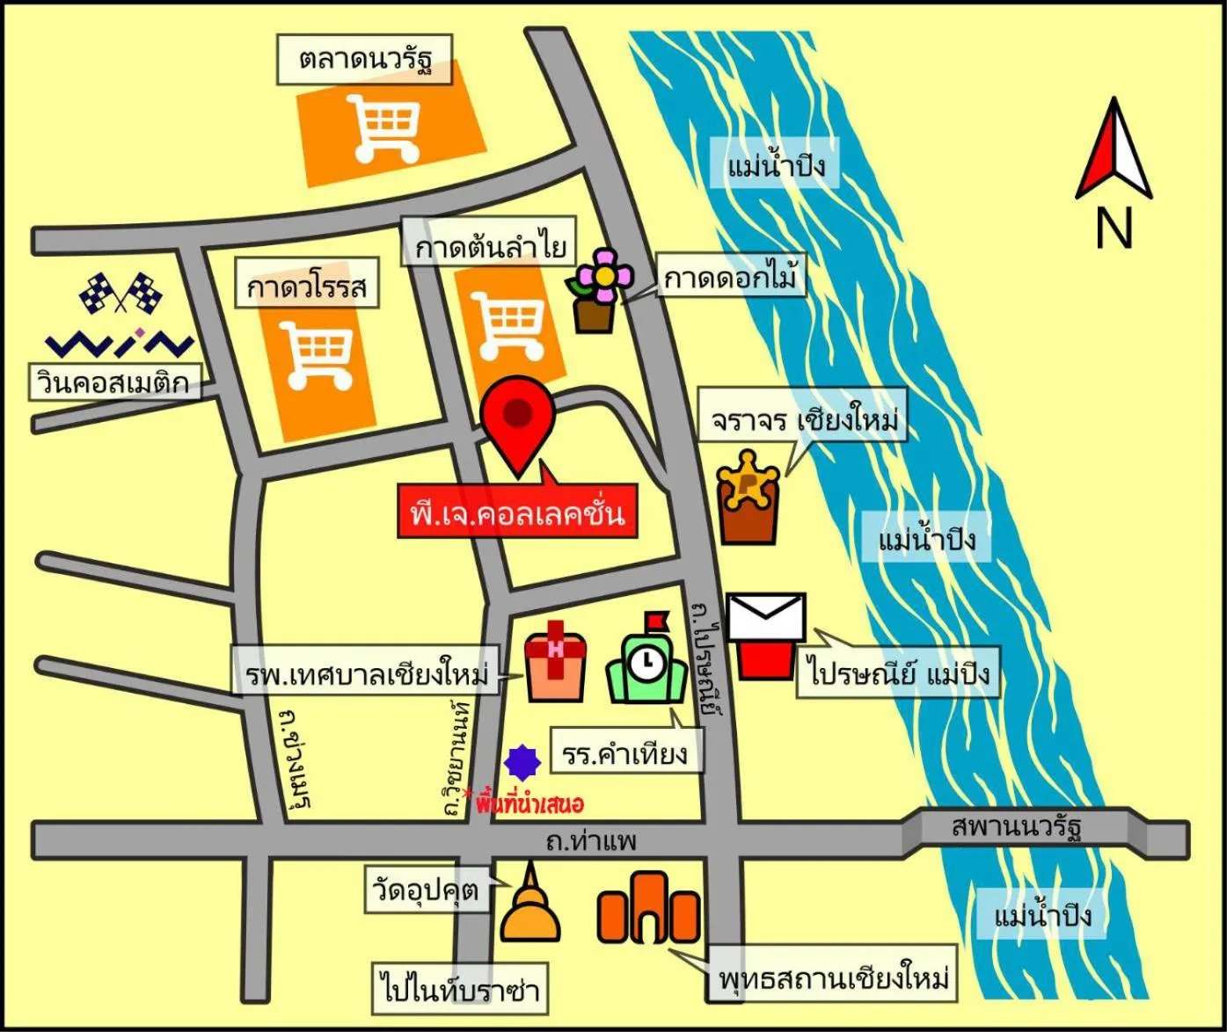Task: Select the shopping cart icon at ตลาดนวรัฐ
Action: (x=384, y=128)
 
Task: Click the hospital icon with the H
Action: (x=555, y=660)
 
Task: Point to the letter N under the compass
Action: (x=1114, y=227)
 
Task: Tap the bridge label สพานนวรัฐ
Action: (x=1016, y=827)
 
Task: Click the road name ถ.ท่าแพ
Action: (x=590, y=841)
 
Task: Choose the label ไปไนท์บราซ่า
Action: (x=459, y=988)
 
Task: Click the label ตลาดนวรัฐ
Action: (x=365, y=60)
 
